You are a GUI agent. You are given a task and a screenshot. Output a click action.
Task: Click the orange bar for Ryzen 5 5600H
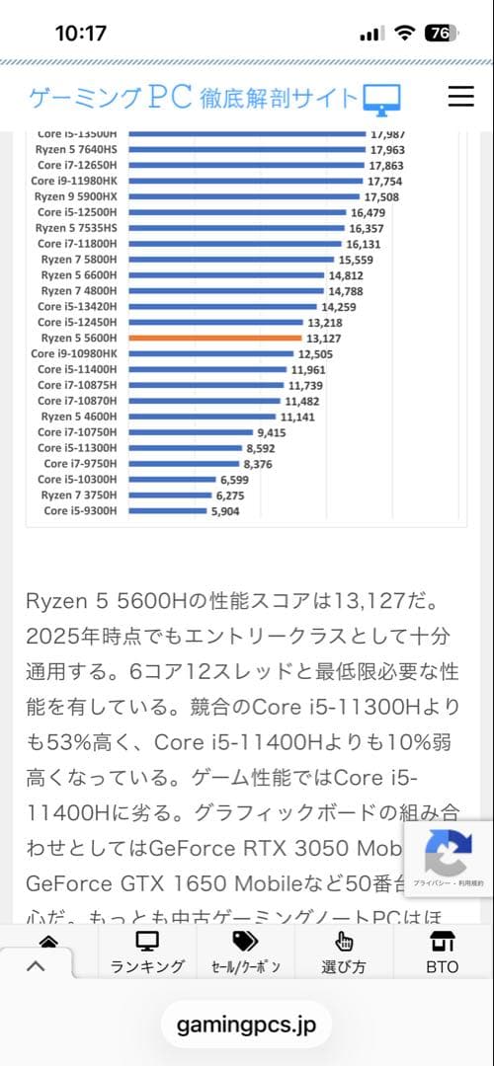coord(215,338)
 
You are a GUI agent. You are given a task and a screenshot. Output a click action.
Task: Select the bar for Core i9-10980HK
coord(211,353)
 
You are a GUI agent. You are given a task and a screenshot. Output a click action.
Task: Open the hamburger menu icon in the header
coord(461,96)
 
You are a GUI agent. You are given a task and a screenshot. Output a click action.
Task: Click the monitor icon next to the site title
coord(381,99)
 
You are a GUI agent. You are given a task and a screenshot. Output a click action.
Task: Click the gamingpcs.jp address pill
coord(247,1026)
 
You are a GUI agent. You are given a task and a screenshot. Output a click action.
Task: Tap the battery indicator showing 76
coord(441,33)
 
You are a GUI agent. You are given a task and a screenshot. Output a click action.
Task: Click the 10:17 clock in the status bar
coord(81,33)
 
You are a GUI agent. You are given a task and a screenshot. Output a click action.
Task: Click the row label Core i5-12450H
coord(77,322)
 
